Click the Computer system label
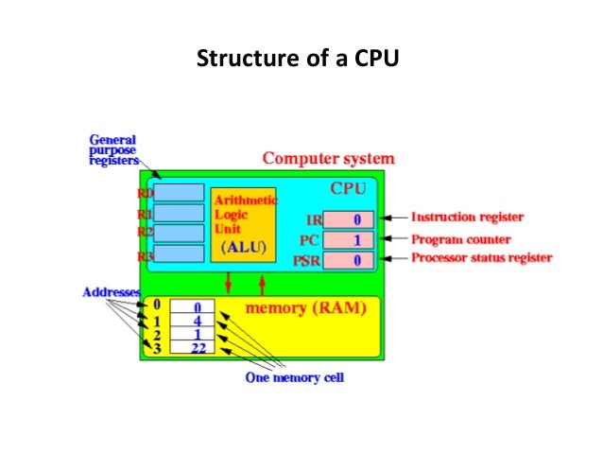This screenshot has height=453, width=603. pos(328,158)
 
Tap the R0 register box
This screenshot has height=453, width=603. pos(179,193)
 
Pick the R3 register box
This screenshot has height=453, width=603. pos(179,253)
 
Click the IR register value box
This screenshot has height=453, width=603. pos(348,219)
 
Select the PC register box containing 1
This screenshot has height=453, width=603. pos(348,238)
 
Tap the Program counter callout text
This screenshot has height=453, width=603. pos(462,238)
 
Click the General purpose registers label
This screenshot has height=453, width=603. pos(113,148)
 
